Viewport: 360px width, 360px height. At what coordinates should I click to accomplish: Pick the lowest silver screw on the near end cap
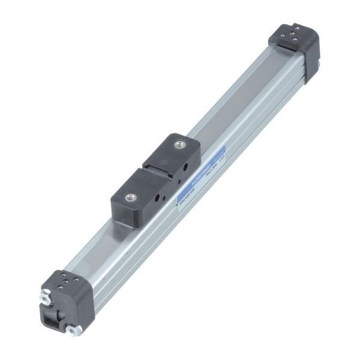coord(74,329)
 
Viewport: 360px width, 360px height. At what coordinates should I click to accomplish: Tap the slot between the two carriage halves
coord(157,174)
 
